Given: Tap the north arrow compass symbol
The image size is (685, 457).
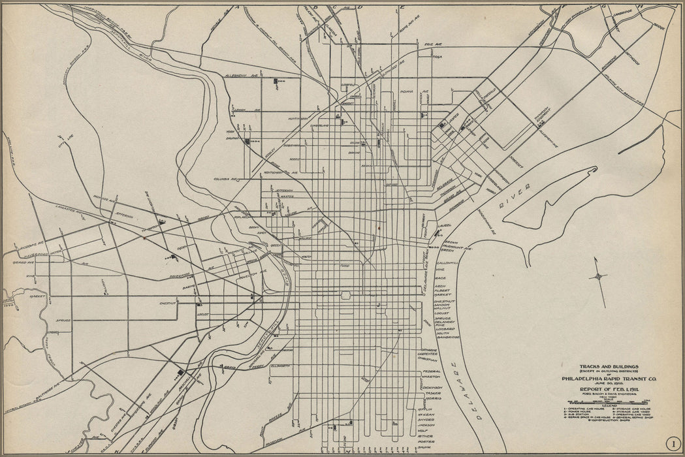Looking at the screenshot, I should click(x=597, y=276).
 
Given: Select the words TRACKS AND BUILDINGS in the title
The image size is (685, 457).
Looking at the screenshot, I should click(x=599, y=367).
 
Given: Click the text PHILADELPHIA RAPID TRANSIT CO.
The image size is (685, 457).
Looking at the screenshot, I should click(x=599, y=377).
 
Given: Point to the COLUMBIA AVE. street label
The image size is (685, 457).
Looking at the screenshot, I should click(x=225, y=177).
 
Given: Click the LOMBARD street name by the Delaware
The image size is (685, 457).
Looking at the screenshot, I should click(x=444, y=327).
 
